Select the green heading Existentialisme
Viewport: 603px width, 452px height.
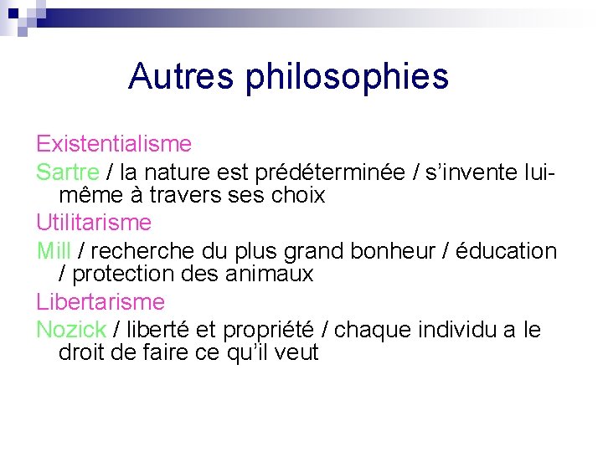pos(114,145)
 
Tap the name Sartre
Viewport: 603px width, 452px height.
pos(68,172)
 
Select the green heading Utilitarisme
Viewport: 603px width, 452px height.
pos(94,223)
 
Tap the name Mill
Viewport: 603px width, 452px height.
pos(54,250)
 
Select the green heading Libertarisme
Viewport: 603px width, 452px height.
pos(100,301)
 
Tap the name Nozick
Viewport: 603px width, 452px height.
pos(71,329)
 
